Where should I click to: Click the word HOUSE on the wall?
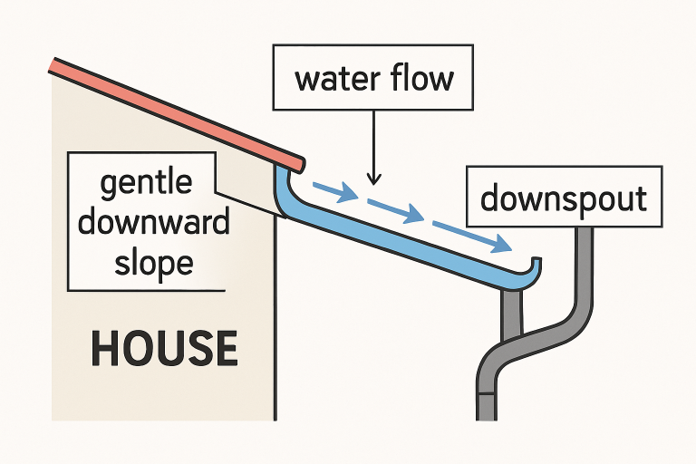point(164,349)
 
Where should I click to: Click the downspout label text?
point(564,198)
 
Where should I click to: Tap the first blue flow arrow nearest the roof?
point(332,191)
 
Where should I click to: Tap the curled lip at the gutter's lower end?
point(535,267)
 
